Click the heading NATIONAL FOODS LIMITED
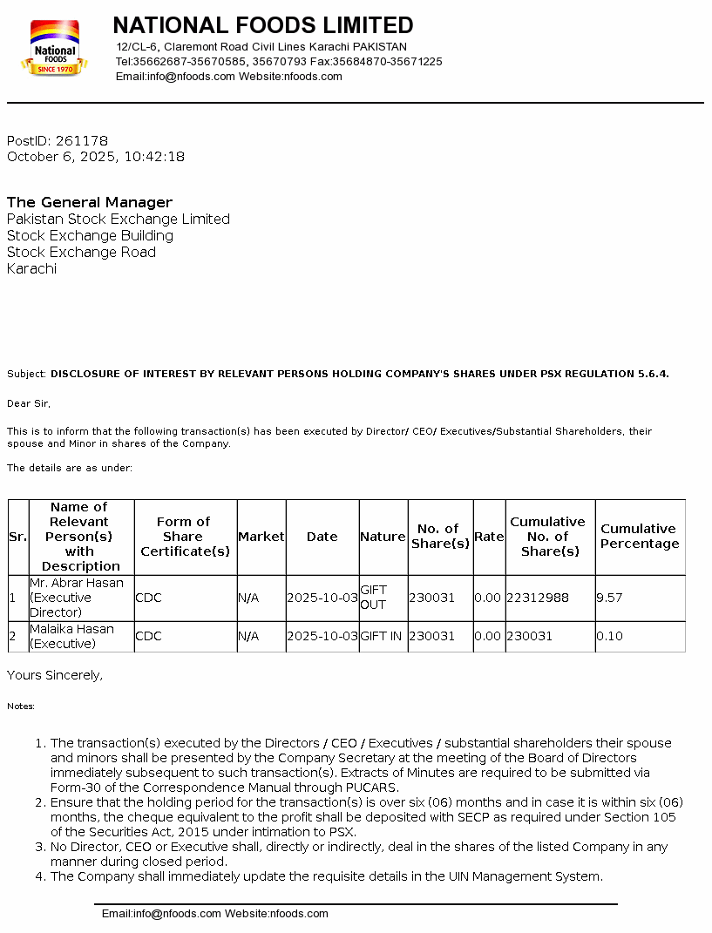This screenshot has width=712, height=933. tap(263, 24)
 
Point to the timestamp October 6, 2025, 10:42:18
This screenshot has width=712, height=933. tap(96, 157)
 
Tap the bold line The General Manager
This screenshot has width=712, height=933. tap(90, 202)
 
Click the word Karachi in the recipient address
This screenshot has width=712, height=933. tap(31, 268)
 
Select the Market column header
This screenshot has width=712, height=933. tap(261, 537)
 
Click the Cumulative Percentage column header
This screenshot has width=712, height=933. tap(640, 536)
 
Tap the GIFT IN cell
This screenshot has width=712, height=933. tap(382, 636)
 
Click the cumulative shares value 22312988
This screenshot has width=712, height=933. tap(538, 598)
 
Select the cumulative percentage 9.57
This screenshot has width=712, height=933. tap(609, 598)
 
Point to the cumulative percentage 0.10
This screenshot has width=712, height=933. tap(609, 636)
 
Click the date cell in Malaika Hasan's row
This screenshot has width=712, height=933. tap(322, 636)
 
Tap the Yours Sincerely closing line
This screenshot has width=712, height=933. tap(55, 675)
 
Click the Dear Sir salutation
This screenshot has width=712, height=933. tap(29, 403)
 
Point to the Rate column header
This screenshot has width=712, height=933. tap(489, 537)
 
